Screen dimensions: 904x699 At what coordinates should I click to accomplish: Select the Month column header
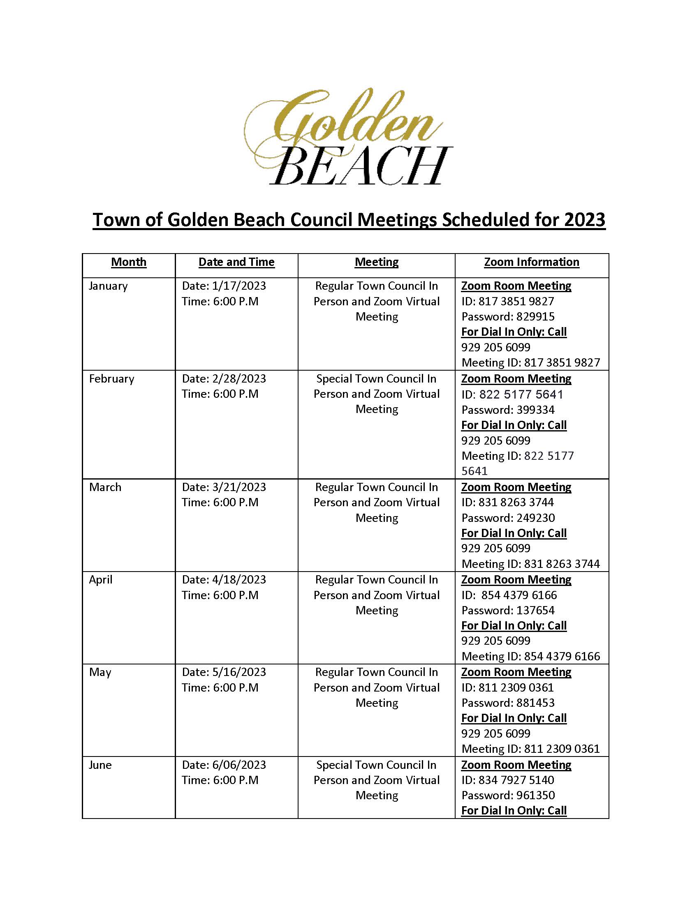pyautogui.click(x=128, y=262)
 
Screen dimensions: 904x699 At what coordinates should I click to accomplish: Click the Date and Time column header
pyautogui.click(x=236, y=262)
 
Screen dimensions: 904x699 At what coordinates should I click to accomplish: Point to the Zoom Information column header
pyautogui.click(x=531, y=262)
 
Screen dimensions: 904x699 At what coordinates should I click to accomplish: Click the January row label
pyautogui.click(x=108, y=286)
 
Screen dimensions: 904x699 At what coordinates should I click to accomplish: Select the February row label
pyautogui.click(x=111, y=379)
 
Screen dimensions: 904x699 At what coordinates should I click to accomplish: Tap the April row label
pyautogui.click(x=101, y=579)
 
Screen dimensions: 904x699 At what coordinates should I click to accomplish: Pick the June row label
pyautogui.click(x=100, y=765)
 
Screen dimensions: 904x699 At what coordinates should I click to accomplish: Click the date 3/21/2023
pyautogui.click(x=239, y=487)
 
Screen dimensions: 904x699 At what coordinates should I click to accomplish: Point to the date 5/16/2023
pyautogui.click(x=239, y=672)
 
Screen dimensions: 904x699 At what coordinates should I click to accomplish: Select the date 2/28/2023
pyautogui.click(x=239, y=379)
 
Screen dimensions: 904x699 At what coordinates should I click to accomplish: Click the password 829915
pyautogui.click(x=535, y=317)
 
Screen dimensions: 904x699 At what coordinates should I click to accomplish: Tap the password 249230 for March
pyautogui.click(x=535, y=518)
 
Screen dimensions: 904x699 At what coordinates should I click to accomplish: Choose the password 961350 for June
pyautogui.click(x=535, y=795)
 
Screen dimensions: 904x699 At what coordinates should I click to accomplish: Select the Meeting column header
pyautogui.click(x=376, y=262)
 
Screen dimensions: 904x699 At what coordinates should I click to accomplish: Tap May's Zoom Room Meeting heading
pyautogui.click(x=516, y=672)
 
